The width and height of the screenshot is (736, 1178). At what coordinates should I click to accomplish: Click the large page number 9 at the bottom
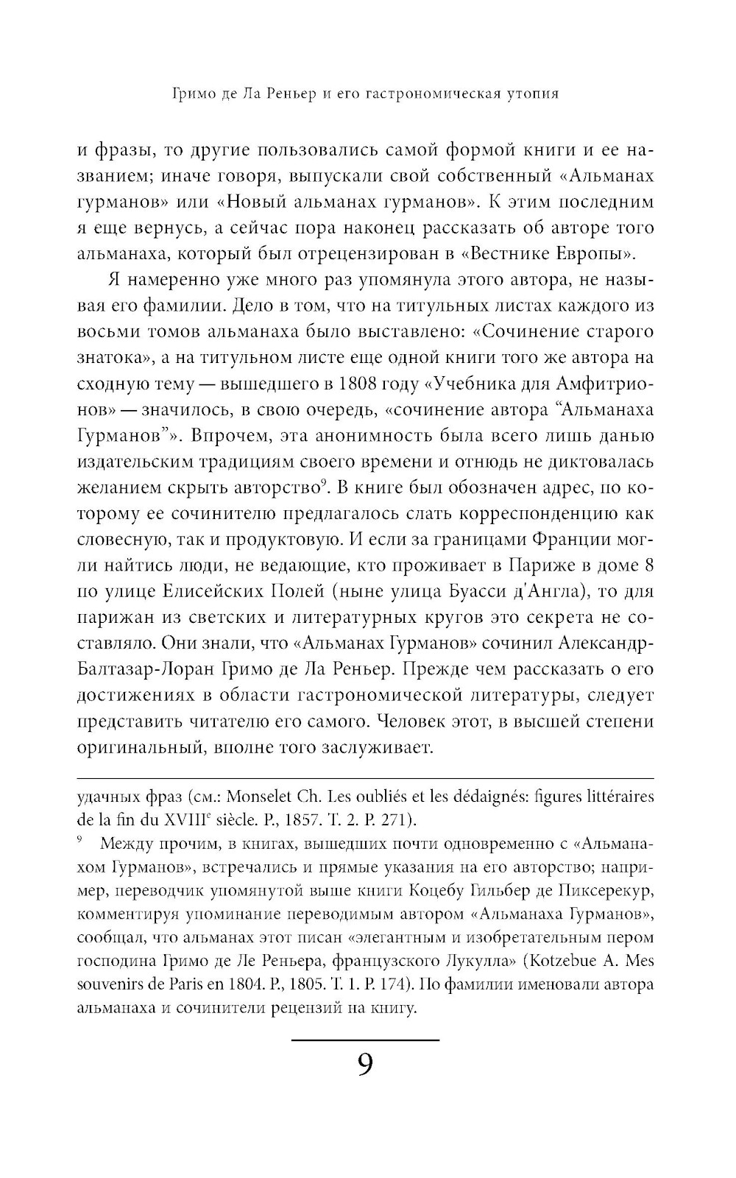pos(365,1065)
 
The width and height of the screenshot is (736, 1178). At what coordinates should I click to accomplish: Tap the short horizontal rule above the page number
pos(365,1040)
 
